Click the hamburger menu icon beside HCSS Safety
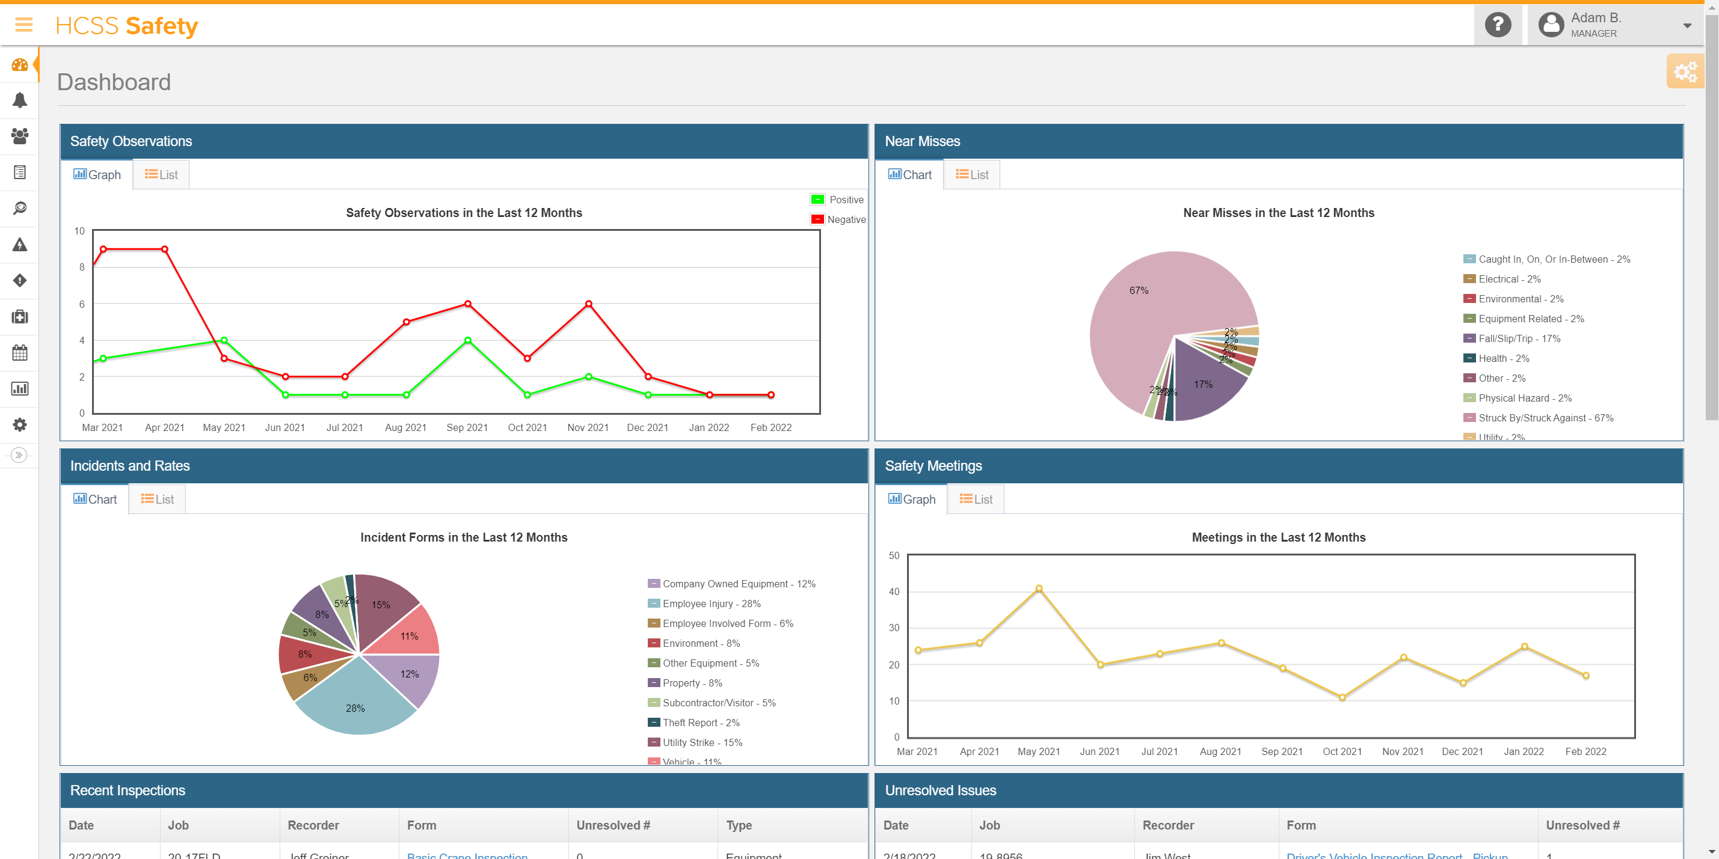click(x=24, y=25)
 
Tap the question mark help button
click(x=1498, y=25)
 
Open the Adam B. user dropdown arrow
click(x=1687, y=26)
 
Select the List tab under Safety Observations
click(x=161, y=175)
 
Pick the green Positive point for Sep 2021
click(x=468, y=341)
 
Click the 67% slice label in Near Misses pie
click(x=1139, y=291)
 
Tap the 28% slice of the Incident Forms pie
click(x=355, y=708)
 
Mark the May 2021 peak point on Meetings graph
click(x=1039, y=589)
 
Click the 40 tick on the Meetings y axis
click(x=894, y=592)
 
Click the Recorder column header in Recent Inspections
click(x=313, y=825)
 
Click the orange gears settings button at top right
click(x=1685, y=72)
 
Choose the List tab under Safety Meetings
click(x=976, y=500)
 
